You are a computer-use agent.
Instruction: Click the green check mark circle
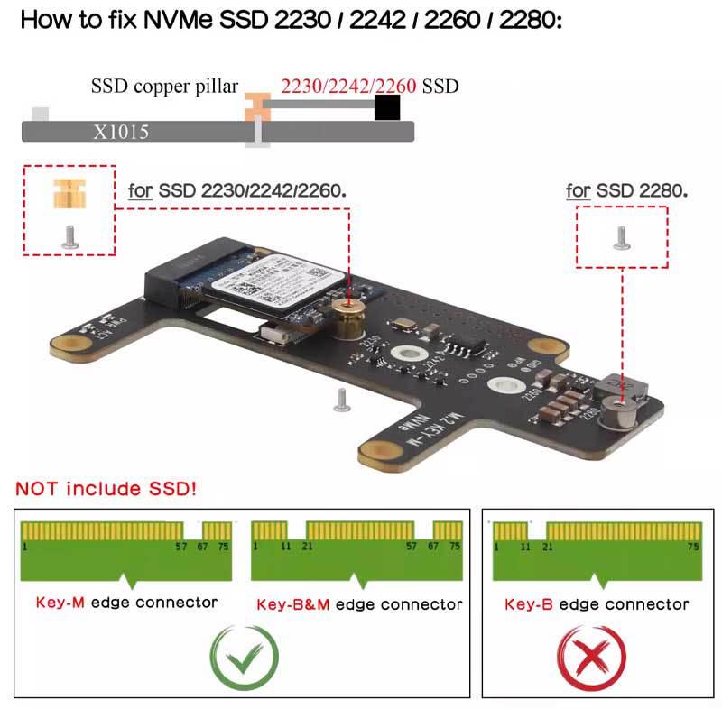(x=244, y=658)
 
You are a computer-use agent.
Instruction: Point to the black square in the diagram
(x=387, y=108)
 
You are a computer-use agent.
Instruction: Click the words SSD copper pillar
(x=165, y=87)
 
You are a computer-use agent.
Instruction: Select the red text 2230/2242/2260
(x=348, y=87)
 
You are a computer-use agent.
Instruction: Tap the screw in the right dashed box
(x=621, y=238)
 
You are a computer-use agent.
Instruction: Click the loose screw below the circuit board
(x=341, y=400)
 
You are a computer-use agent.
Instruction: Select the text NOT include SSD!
(x=106, y=490)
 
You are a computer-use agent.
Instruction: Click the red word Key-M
(x=60, y=603)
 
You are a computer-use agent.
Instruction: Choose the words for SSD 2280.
(x=626, y=190)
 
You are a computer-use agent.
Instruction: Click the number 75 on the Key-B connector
(x=694, y=546)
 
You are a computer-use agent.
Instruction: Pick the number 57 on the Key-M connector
(x=180, y=546)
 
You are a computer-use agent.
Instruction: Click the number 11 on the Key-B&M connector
(x=286, y=546)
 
